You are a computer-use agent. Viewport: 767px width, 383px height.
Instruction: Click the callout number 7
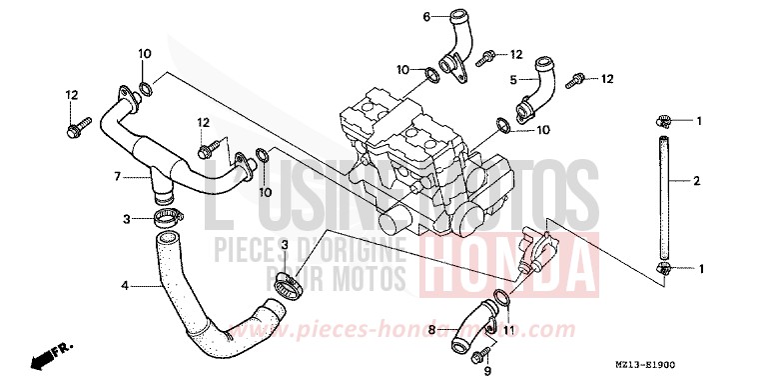click(118, 176)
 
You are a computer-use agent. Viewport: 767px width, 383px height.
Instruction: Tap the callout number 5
click(513, 78)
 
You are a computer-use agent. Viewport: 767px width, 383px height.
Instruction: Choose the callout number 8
click(431, 327)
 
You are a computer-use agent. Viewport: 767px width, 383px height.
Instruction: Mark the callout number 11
click(508, 329)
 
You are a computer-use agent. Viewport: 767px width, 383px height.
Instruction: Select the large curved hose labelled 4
click(205, 300)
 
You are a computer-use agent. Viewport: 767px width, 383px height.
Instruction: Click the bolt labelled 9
click(486, 352)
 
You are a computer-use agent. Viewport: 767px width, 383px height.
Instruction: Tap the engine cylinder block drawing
click(419, 160)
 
